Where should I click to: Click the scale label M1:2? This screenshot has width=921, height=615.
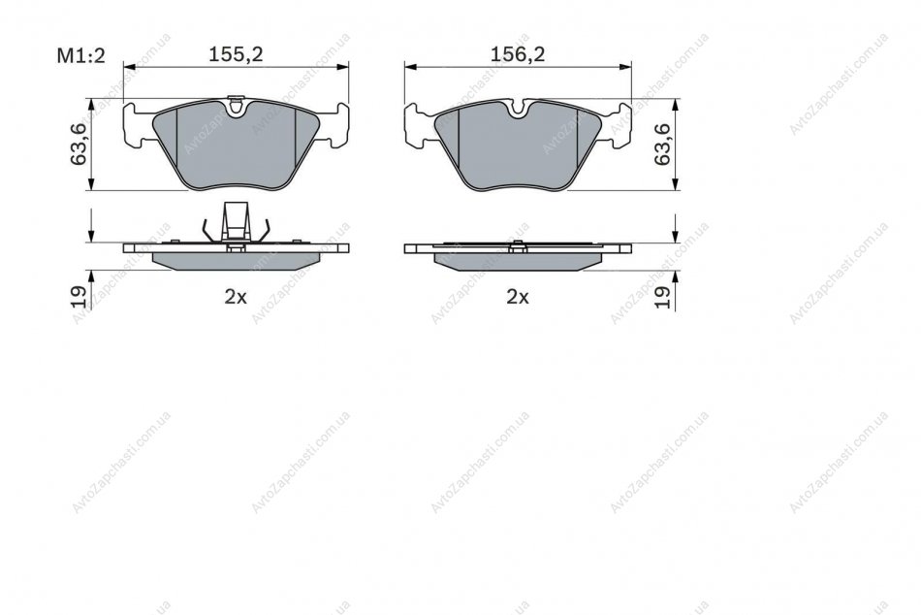coord(80,56)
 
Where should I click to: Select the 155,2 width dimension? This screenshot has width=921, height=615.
coord(237,54)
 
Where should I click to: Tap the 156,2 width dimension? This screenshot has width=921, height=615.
coord(518,54)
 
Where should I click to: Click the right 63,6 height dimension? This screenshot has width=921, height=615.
coord(662,144)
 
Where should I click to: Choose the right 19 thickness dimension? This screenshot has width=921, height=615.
coord(662,296)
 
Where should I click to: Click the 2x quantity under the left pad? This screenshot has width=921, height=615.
coord(236,297)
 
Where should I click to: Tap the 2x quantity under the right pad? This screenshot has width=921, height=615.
coord(518,297)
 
